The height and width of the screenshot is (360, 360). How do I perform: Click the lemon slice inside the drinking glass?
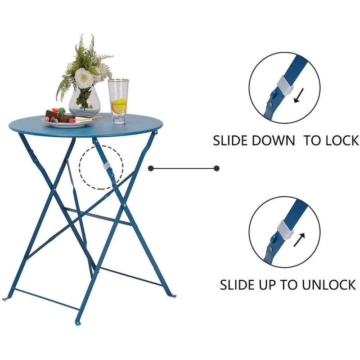[119, 106]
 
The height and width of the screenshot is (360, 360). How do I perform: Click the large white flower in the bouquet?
[84, 78]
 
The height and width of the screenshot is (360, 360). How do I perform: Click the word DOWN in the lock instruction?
[273, 140]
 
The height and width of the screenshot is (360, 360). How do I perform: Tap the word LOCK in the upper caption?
[342, 140]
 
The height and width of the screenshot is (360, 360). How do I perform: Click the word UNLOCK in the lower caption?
[329, 285]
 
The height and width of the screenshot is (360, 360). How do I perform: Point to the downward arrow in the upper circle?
[299, 95]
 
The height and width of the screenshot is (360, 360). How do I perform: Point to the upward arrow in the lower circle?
[299, 240]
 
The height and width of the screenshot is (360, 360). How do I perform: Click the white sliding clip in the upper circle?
[285, 85]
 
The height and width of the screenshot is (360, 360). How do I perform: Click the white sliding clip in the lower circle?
[285, 229]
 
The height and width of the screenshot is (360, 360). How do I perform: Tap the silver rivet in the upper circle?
[270, 105]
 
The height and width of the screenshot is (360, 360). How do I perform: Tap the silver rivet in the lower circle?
[270, 249]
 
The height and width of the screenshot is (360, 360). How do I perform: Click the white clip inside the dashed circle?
[106, 166]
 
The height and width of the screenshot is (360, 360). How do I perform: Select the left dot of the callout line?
[151, 168]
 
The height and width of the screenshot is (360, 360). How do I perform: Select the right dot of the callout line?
[216, 168]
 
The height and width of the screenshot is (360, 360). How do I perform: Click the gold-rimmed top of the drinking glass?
[118, 81]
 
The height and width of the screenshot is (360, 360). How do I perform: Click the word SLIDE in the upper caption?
[231, 140]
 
